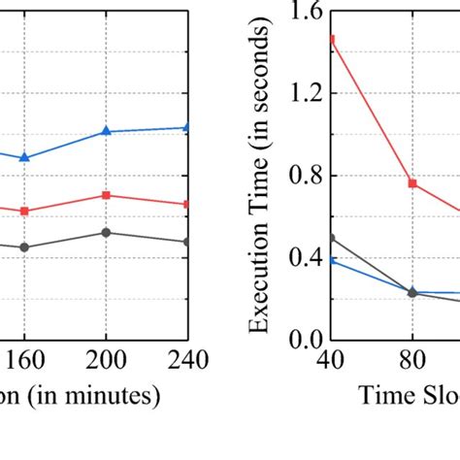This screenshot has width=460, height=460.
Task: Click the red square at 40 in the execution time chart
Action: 332,40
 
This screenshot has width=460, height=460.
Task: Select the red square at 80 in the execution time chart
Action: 412,183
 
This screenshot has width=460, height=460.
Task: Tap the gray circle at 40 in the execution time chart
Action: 332,238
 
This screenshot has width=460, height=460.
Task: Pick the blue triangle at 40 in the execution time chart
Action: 332,260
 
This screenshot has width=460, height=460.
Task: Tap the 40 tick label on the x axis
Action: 332,361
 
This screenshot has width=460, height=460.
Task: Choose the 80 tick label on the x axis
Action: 412,361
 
